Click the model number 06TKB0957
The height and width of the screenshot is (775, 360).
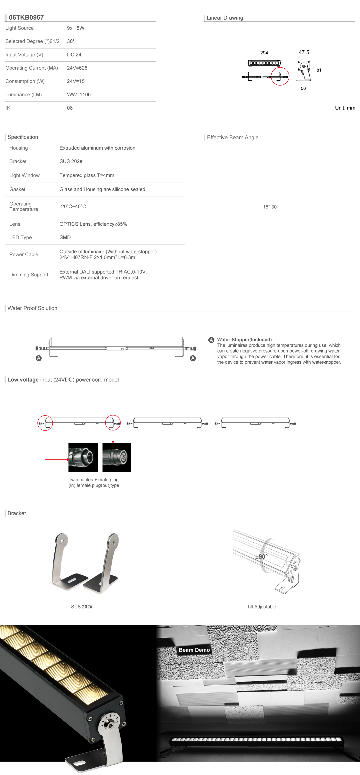[26, 17]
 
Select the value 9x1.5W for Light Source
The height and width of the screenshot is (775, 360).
[76, 28]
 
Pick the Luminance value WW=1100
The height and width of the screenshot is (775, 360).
[79, 95]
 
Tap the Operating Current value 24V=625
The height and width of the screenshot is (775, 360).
[77, 68]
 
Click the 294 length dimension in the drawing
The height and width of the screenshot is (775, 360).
[264, 53]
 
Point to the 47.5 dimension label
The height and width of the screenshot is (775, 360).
[304, 52]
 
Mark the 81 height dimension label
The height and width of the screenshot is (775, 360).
[319, 70]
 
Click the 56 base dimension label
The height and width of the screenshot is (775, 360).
[303, 88]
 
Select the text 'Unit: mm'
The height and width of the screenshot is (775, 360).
[345, 108]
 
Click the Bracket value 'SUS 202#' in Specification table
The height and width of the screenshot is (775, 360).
[71, 161]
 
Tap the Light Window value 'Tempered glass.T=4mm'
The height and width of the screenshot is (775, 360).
[87, 175]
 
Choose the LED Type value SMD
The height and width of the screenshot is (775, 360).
[65, 237]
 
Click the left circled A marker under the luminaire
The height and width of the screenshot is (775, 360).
[39, 358]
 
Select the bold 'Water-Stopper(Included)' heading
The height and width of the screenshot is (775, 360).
[244, 340]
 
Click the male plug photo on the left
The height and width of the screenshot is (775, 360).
[83, 457]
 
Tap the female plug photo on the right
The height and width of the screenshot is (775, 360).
[117, 457]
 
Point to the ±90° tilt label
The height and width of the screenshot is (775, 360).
[261, 557]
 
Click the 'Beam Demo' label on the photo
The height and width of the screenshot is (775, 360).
[194, 650]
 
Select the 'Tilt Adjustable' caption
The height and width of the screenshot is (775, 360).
[261, 607]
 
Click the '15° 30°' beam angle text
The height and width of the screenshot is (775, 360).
[271, 207]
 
